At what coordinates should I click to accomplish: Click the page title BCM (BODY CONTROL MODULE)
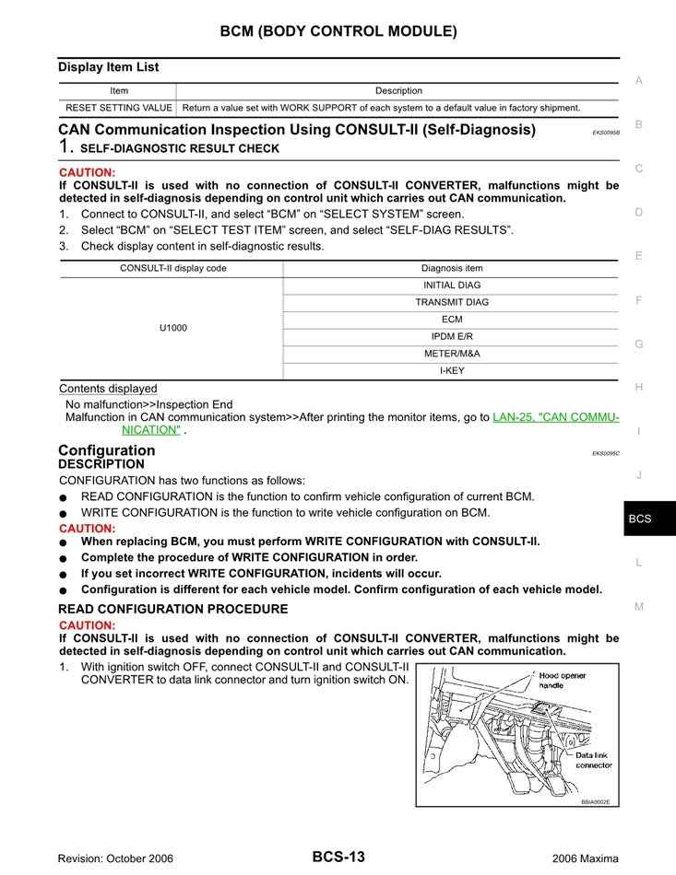click(338, 31)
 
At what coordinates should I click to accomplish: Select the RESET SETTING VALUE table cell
click(118, 108)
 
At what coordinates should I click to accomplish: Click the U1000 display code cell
click(172, 328)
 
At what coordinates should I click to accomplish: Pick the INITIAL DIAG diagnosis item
click(451, 286)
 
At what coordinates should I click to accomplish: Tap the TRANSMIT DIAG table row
click(451, 302)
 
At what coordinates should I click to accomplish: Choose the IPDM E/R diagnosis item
click(451, 336)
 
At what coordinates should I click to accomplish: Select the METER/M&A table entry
click(451, 354)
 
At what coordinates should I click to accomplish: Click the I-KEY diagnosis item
click(451, 371)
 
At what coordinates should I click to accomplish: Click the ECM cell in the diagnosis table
click(451, 320)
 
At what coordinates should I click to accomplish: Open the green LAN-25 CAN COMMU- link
click(555, 417)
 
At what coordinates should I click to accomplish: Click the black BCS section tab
click(640, 519)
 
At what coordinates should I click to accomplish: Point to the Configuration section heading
click(106, 450)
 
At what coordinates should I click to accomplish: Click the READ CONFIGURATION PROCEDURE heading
click(172, 609)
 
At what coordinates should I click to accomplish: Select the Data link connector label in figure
click(593, 759)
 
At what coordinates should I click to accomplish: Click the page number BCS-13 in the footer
click(338, 857)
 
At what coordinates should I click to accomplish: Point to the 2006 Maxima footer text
click(585, 858)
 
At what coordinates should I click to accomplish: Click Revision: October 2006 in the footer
click(115, 858)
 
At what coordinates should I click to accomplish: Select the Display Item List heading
click(108, 67)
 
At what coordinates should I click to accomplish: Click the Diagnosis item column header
click(451, 268)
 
